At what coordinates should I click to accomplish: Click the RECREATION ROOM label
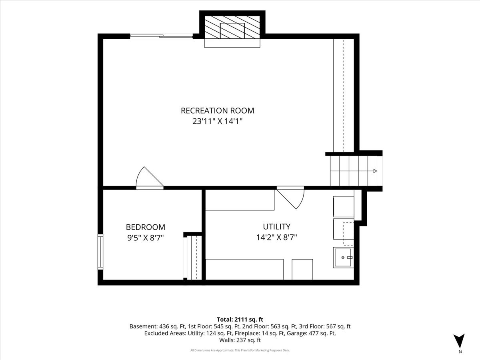coord(217,111)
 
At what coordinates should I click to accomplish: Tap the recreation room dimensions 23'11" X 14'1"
coord(218,121)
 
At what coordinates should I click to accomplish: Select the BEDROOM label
coord(146,227)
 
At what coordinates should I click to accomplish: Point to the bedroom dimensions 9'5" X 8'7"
coord(146,238)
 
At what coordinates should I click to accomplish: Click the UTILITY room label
coord(277,227)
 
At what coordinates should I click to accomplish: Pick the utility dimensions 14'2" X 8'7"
coord(277,237)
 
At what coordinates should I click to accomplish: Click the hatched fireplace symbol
coord(232,27)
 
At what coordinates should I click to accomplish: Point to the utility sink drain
coord(343,258)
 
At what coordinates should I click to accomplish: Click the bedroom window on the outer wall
coord(100,252)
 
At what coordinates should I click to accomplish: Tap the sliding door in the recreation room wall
coord(161,36)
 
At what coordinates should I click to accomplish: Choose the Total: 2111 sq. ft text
coord(240,320)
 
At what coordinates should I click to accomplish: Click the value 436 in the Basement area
coord(164,326)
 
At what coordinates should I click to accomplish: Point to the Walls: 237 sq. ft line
coord(240,340)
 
